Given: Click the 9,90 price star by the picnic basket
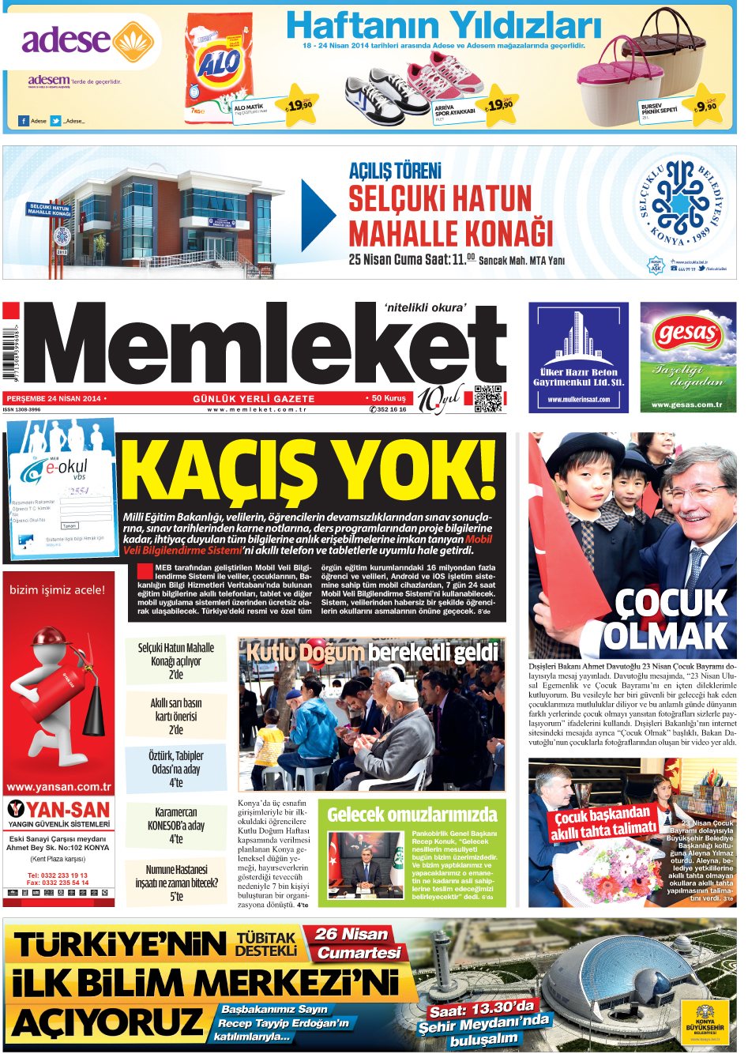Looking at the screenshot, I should [705, 106].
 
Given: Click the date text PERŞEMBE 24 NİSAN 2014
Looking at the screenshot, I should [54, 399].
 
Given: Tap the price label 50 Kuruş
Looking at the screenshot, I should [388, 398].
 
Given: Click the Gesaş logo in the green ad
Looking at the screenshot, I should [686, 334].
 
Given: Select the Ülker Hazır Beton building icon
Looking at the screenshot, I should [578, 335].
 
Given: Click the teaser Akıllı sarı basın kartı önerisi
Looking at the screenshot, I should [175, 716].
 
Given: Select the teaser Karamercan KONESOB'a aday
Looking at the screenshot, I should [175, 826].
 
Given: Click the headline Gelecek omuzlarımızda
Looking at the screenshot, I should [412, 815].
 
